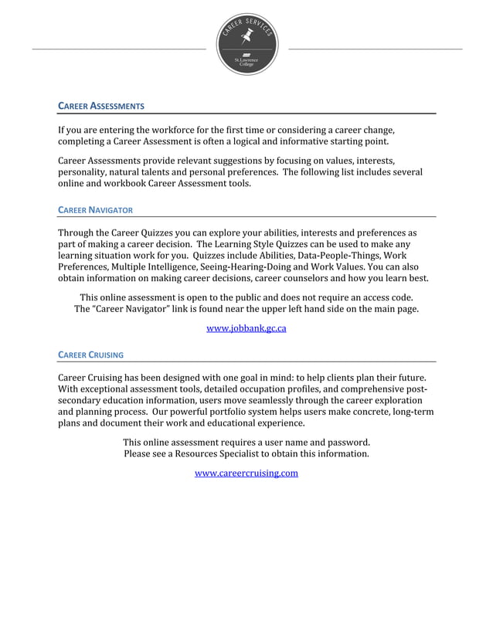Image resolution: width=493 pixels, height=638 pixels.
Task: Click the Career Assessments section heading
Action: click(101, 105)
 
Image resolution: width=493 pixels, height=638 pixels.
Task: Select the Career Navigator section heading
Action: click(96, 210)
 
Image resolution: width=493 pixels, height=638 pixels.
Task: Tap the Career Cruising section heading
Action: click(91, 355)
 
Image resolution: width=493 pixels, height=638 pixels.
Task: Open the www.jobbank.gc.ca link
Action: click(246, 328)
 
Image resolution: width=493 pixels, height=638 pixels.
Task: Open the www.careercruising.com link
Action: click(246, 473)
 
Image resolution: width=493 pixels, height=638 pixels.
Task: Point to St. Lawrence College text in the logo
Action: click(246, 61)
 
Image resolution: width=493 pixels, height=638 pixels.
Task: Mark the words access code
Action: click(383, 297)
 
